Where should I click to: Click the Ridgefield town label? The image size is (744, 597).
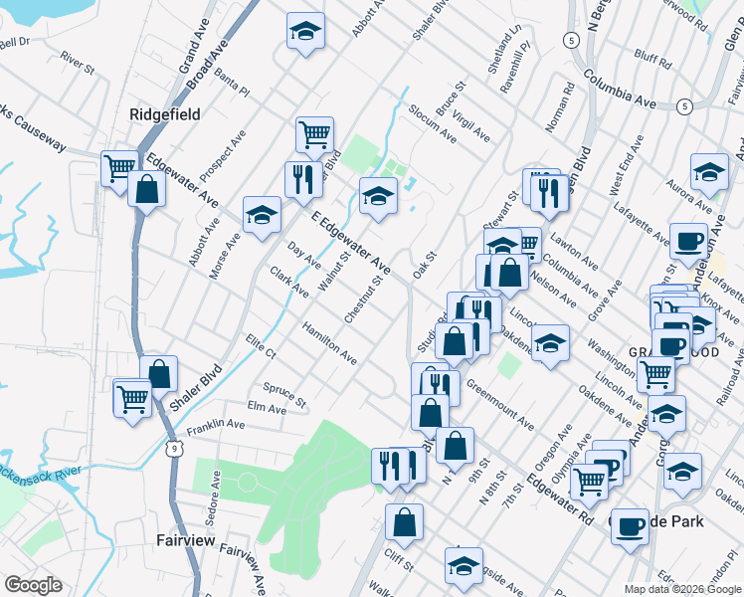click(x=165, y=114)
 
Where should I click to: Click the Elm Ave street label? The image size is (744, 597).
click(x=266, y=408)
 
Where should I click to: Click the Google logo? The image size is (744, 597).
click(x=33, y=585)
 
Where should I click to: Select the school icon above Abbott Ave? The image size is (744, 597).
click(x=306, y=32)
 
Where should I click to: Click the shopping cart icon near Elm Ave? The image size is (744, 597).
click(x=132, y=397)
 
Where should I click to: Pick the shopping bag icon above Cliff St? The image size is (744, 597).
click(x=405, y=521)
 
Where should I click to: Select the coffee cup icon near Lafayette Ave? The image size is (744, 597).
click(x=688, y=241)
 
